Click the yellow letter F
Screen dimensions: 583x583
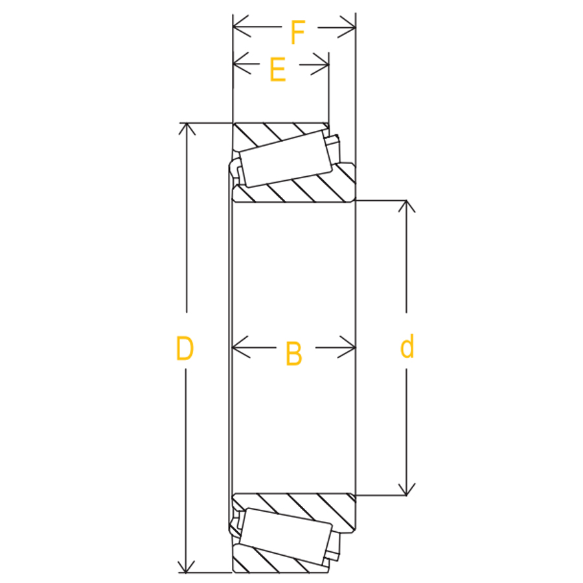(x=298, y=33)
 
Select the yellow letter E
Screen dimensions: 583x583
(x=277, y=69)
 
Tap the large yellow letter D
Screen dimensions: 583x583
(x=185, y=349)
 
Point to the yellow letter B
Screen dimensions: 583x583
(x=293, y=354)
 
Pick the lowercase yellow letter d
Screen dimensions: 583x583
(x=407, y=346)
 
